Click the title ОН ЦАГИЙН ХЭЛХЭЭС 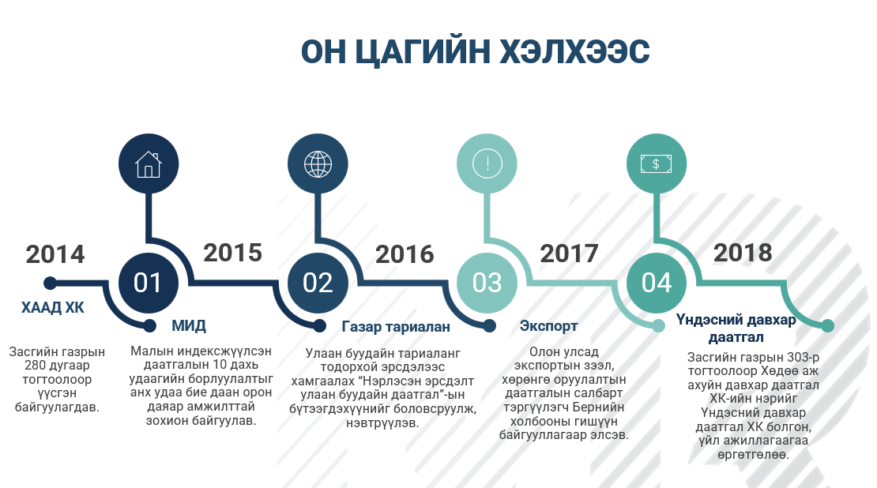pos(475,51)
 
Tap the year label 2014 pos(55,254)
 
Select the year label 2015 pos(232,253)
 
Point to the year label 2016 pos(405,254)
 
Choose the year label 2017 pos(570,253)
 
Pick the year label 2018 pos(743,253)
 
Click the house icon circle pos(149,163)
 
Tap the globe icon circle pos(318,163)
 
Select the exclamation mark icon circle pos(487,163)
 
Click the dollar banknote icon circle pos(657,163)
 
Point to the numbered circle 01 pos(149,283)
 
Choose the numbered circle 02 pos(318,283)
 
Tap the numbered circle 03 pos(487,283)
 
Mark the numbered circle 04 pos(657,283)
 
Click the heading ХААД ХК pos(53,307)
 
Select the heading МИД pos(189,325)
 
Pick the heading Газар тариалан pos(396,326)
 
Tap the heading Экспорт pos(548,326)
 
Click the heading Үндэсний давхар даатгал pos(736,328)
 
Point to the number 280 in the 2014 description pos(34,366)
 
